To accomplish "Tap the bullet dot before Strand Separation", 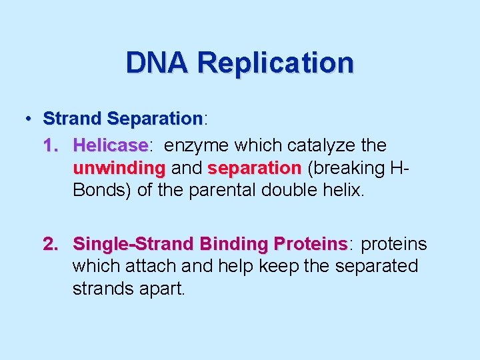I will tap(29, 119).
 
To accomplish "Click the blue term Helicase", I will tap(110, 145).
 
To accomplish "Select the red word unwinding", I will tap(119, 168).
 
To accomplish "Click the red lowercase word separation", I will tap(255, 168).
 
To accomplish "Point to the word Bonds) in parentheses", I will tap(101, 191).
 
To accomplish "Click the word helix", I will tap(344, 191).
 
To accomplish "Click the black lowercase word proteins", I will tap(393, 244).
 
